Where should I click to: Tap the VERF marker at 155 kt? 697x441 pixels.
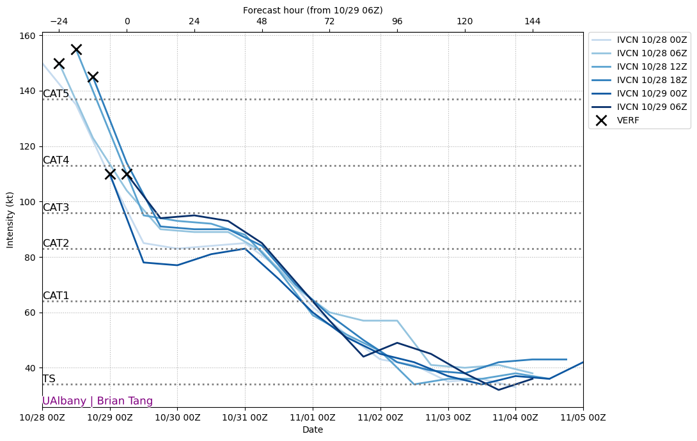[76, 49]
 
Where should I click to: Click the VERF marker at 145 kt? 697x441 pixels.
[93, 77]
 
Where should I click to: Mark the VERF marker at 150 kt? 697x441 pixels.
[59, 63]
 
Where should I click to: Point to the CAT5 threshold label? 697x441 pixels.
[56, 94]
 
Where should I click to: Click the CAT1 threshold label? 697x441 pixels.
[56, 296]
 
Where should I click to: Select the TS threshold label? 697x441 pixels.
[49, 379]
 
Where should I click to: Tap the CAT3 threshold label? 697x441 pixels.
[56, 208]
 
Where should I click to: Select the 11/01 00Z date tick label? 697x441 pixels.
[313, 417]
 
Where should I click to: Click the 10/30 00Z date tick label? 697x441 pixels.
[177, 417]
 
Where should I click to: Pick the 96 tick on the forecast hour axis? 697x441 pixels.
[397, 21]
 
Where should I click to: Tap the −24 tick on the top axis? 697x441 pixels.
[59, 21]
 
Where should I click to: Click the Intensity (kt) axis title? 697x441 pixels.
[10, 220]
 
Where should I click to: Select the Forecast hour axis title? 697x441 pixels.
[313, 10]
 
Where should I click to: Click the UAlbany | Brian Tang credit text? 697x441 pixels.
[97, 401]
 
